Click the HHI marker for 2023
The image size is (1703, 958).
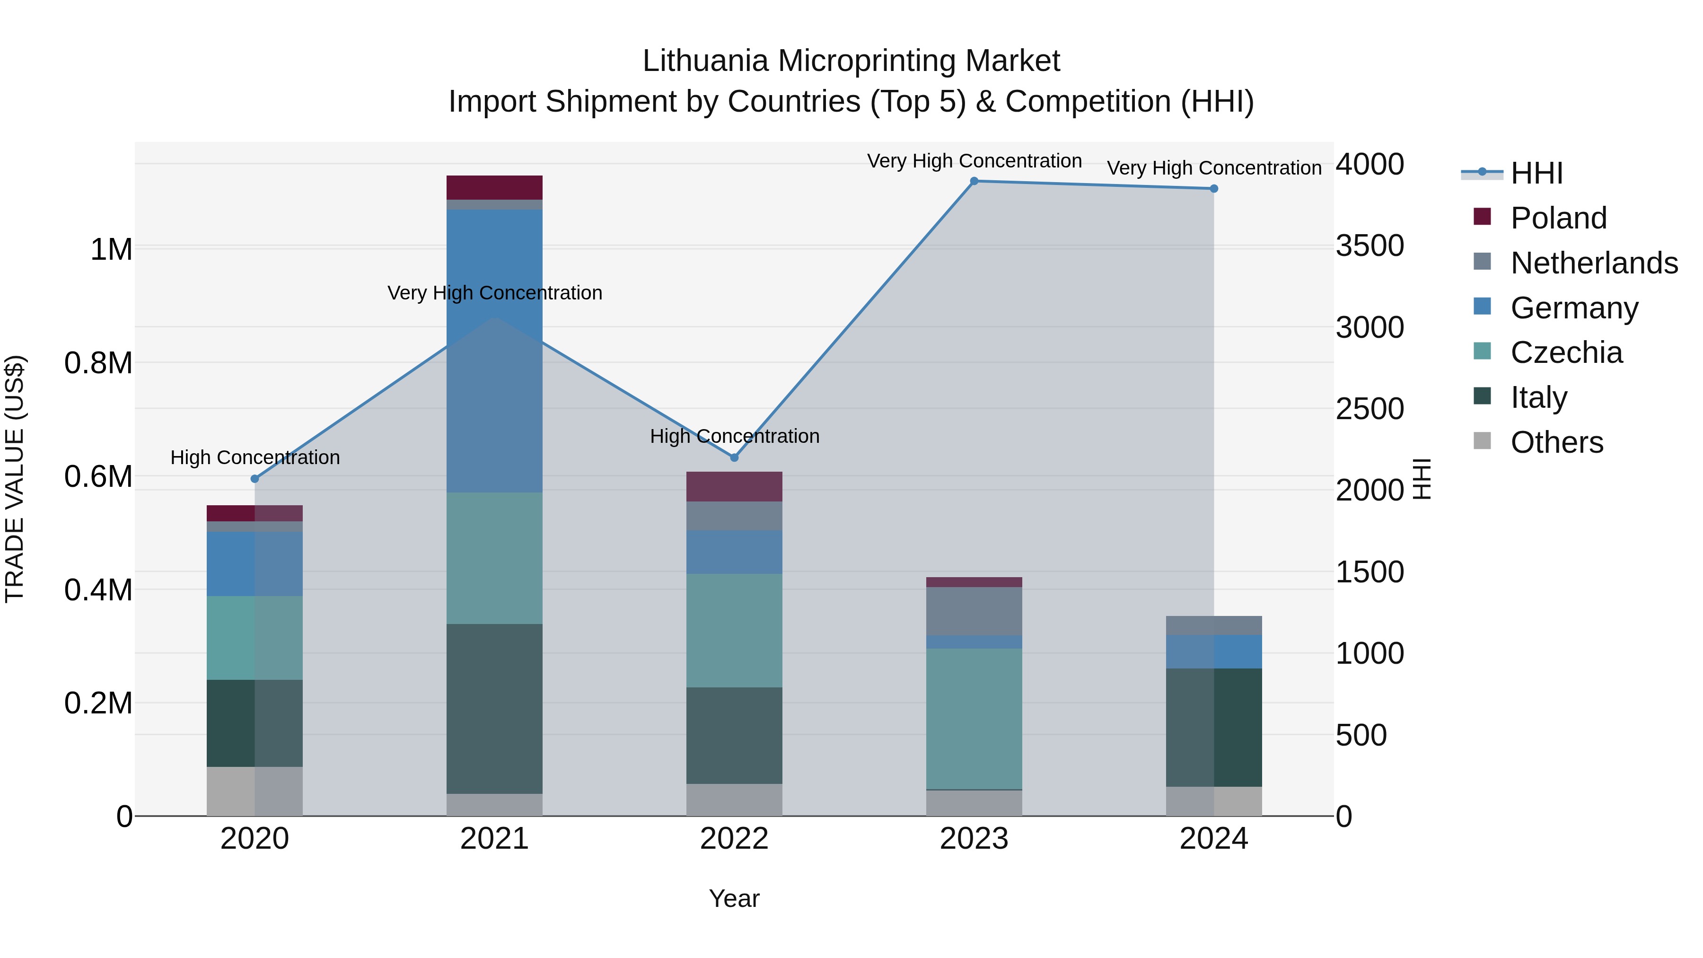pyautogui.click(x=974, y=181)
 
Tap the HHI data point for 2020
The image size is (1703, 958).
pyautogui.click(x=255, y=479)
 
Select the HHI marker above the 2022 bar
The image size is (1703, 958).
pyautogui.click(x=734, y=457)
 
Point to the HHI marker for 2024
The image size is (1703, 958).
pyautogui.click(x=1214, y=189)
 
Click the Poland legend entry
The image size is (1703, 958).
pyautogui.click(x=1558, y=218)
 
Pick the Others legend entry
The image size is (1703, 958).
pyautogui.click(x=1557, y=442)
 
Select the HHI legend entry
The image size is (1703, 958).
pyautogui.click(x=1536, y=173)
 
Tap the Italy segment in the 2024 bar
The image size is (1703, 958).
pyautogui.click(x=1214, y=727)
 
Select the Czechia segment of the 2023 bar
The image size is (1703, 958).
pyautogui.click(x=974, y=718)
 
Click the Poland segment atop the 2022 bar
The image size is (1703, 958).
pyautogui.click(x=734, y=487)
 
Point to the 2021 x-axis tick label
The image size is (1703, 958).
pyautogui.click(x=494, y=839)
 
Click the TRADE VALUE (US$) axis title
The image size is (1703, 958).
pyautogui.click(x=15, y=479)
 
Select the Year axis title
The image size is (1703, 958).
pyautogui.click(x=734, y=898)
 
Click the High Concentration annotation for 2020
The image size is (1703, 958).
pyautogui.click(x=255, y=457)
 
